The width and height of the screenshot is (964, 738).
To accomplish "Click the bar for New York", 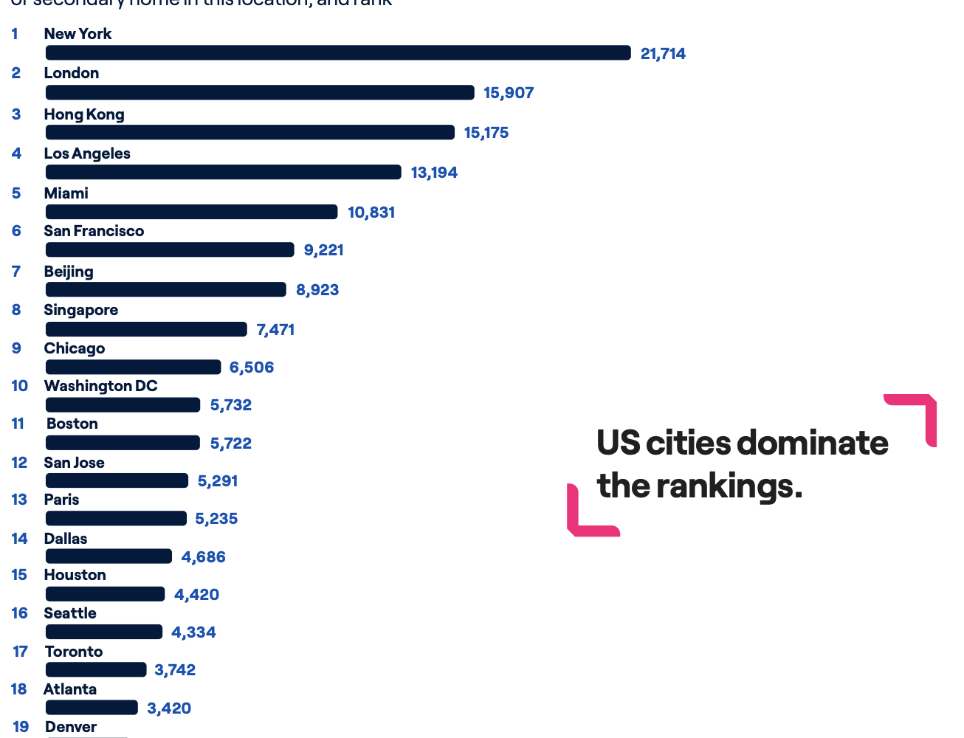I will (x=338, y=52).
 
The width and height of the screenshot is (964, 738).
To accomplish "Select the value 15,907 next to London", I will (x=509, y=93).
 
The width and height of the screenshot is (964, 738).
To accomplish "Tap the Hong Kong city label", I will (x=84, y=114).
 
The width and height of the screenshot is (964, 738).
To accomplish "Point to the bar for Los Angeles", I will (x=223, y=172).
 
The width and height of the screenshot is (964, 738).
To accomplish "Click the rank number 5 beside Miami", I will (x=16, y=193).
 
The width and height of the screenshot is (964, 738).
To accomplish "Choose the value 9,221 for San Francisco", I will (x=323, y=250).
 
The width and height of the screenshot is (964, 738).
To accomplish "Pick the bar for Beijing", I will (x=165, y=289).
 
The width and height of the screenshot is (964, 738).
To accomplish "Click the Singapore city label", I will (x=80, y=310).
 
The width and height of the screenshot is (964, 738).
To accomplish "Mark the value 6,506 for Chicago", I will (x=251, y=368).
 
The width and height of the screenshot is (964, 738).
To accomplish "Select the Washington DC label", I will (x=100, y=386).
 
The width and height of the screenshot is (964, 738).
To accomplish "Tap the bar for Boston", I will (x=123, y=443).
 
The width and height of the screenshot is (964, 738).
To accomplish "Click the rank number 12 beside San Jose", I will (x=19, y=463).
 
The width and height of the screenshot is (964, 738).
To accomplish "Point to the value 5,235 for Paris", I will (x=216, y=519).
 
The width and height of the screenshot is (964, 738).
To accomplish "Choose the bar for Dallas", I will (x=109, y=556).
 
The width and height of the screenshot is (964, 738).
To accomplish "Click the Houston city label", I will (x=75, y=575).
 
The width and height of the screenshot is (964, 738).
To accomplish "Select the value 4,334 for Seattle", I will (x=193, y=632).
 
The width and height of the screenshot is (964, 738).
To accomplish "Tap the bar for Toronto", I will (x=96, y=669).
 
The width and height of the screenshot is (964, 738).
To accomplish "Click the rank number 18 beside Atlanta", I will (x=19, y=689).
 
